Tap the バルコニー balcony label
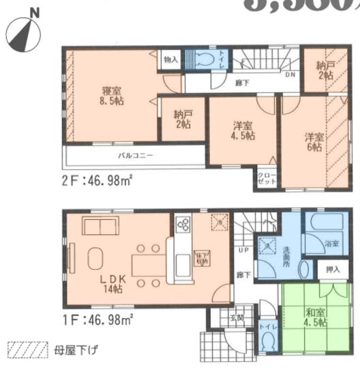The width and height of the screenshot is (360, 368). [x=134, y=156]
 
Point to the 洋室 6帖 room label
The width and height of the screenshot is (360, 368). [x=314, y=141]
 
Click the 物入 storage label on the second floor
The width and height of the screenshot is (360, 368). [x=171, y=59]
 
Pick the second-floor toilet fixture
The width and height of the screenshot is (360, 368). [x=205, y=59]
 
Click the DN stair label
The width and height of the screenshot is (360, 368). [x=290, y=74]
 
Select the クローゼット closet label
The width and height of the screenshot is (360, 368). [x=265, y=180]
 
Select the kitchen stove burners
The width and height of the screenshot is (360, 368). [x=183, y=225]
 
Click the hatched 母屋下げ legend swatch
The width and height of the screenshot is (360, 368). [x=26, y=350]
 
